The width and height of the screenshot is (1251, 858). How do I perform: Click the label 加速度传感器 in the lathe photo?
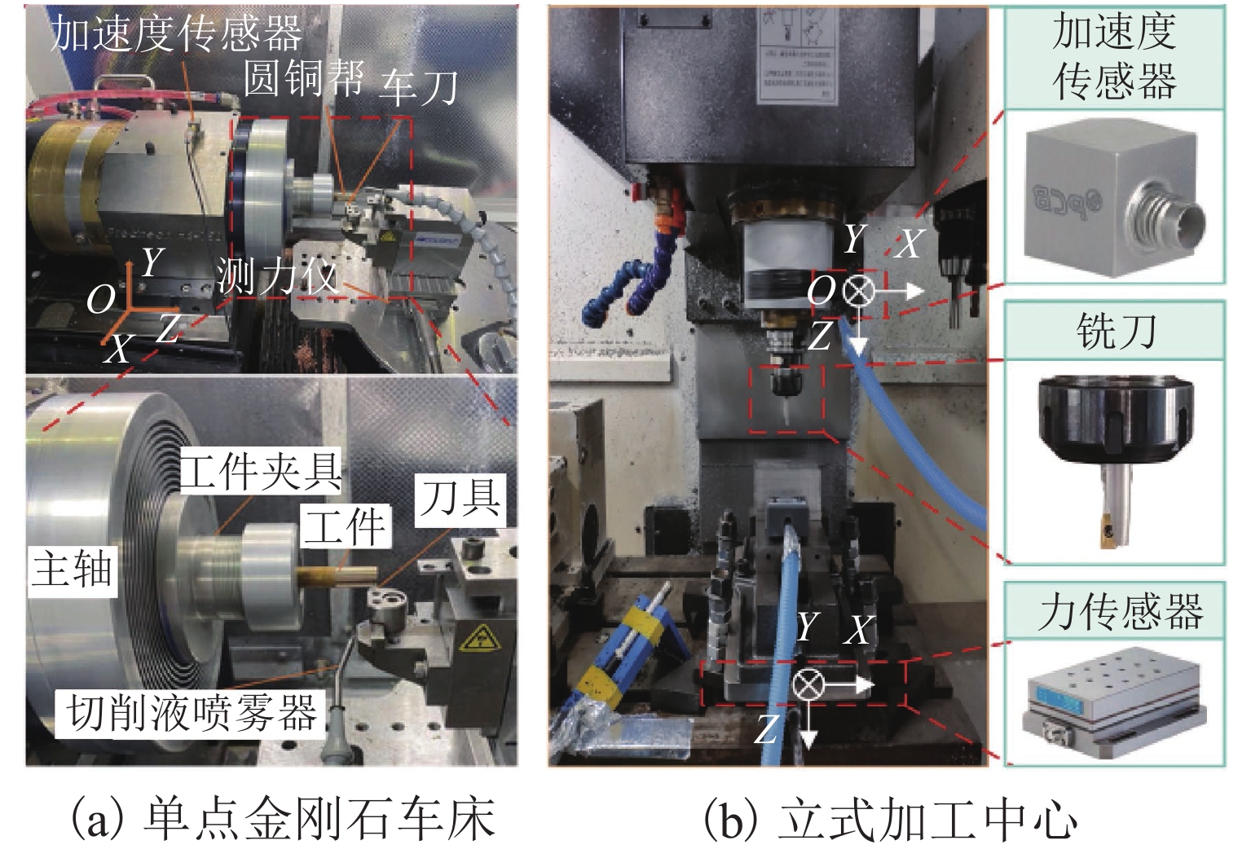click(175, 33)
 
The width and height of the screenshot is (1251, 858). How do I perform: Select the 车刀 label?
click(418, 86)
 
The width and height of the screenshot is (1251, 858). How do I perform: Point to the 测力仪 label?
click(277, 277)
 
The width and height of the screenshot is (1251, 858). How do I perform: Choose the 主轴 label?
click(71, 568)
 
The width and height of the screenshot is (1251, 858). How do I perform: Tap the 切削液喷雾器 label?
click(191, 714)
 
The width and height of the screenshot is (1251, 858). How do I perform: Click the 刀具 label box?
click(460, 498)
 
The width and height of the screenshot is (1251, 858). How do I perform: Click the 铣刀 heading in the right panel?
click(1115, 331)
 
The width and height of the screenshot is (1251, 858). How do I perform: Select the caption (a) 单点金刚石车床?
click(282, 820)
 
